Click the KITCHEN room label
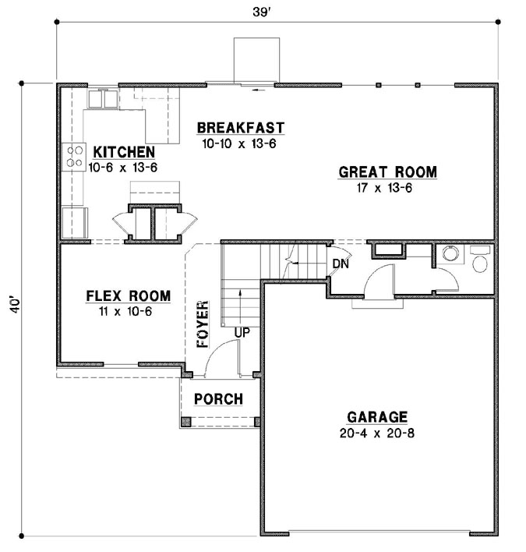tap(124, 152)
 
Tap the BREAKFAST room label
tap(241, 128)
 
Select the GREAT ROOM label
tap(388, 172)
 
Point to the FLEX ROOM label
tap(129, 295)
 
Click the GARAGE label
tap(377, 417)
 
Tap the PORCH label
tap(218, 399)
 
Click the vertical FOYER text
tap(203, 324)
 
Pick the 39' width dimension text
tap(261, 12)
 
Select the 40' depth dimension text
tap(14, 306)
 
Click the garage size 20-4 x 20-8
tap(377, 433)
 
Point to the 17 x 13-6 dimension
tap(384, 188)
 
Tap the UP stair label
tap(242, 332)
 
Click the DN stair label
tap(341, 264)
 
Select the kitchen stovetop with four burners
tap(74, 157)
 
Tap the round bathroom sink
tap(450, 253)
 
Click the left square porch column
tap(185, 422)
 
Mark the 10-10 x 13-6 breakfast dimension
tap(239, 143)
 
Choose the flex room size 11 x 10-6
tap(125, 312)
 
